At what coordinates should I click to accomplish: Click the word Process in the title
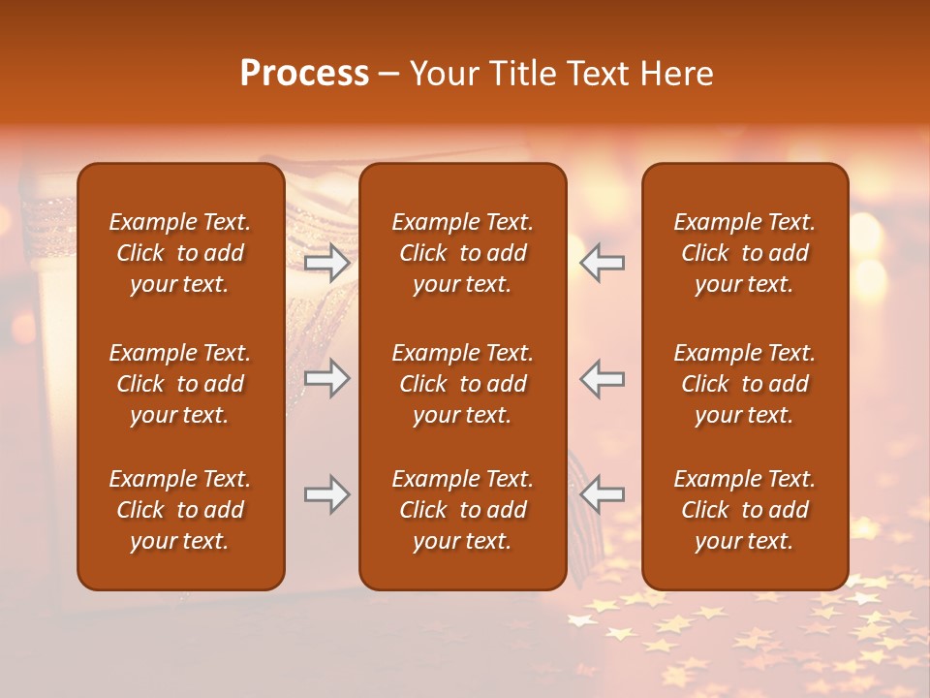point(304,74)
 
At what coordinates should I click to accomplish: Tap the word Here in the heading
point(677,74)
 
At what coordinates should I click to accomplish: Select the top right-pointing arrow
point(327,262)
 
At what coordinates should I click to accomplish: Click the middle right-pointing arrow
point(327,378)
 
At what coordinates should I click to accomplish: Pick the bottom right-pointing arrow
point(327,494)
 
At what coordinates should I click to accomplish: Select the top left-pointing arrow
point(603,262)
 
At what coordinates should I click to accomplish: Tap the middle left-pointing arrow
point(603,378)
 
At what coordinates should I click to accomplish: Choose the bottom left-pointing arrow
point(603,494)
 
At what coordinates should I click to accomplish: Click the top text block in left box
point(180,253)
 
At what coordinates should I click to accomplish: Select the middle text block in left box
point(180,384)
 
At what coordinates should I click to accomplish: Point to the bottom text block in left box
point(180,510)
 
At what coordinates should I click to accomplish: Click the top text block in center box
point(463,253)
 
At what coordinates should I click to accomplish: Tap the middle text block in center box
point(463,384)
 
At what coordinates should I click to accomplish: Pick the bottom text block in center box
point(463,510)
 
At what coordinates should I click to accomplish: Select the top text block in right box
point(745,253)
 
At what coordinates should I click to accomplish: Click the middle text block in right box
point(745,384)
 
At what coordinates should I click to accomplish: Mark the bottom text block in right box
point(745,510)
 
